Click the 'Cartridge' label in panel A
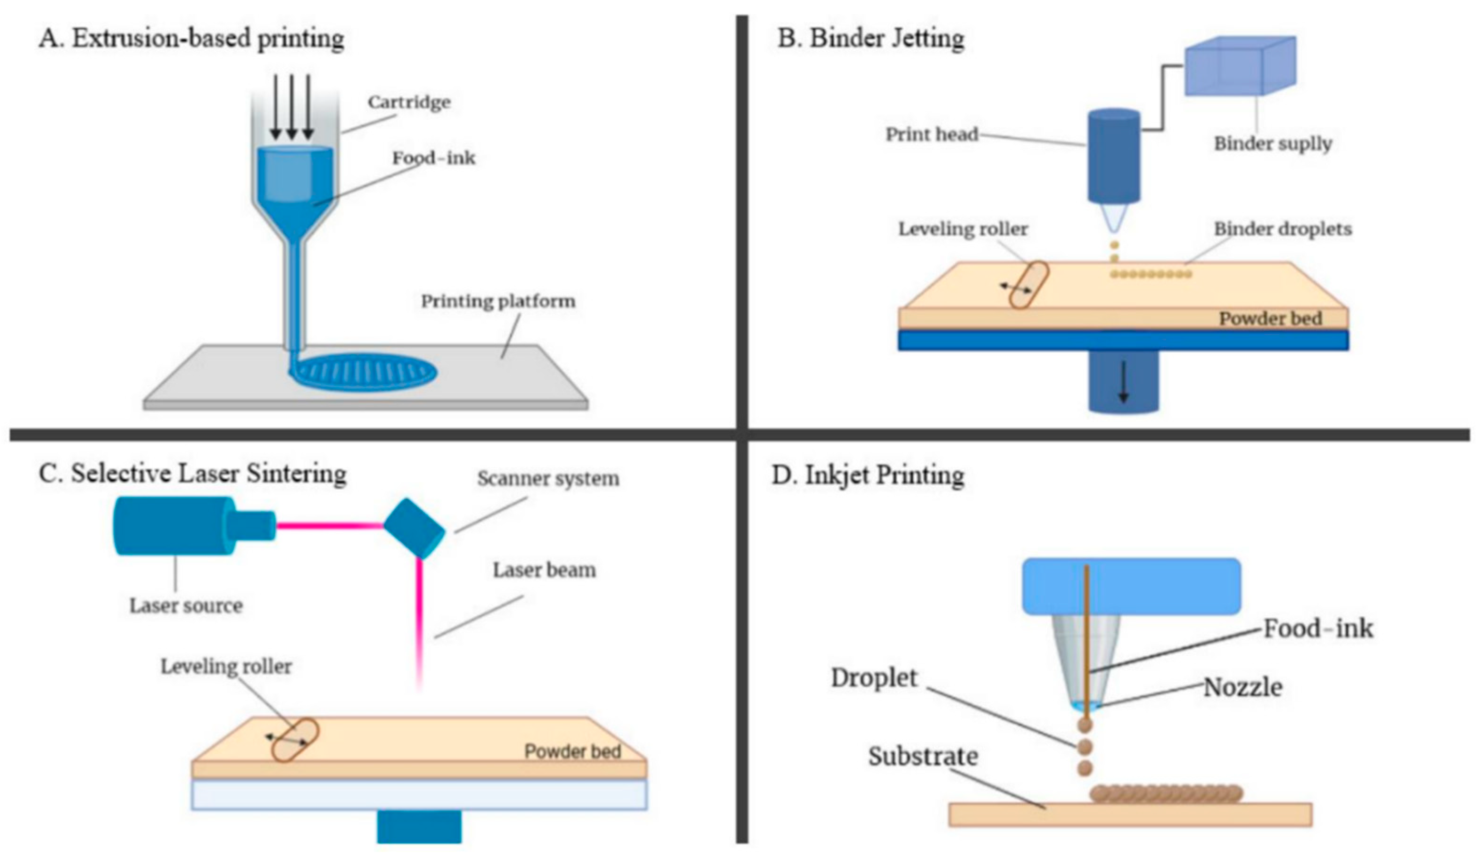pyautogui.click(x=409, y=102)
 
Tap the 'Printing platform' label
pyautogui.click(x=497, y=302)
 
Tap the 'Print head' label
pyautogui.click(x=932, y=135)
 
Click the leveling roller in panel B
pyautogui.click(x=1028, y=285)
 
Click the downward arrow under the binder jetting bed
pyautogui.click(x=1123, y=382)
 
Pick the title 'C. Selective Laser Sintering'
pyautogui.click(x=192, y=474)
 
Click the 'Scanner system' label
pyautogui.click(x=547, y=479)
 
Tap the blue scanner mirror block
pyautogui.click(x=414, y=527)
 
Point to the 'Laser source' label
pyautogui.click(x=186, y=605)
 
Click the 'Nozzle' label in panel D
pyautogui.click(x=1243, y=687)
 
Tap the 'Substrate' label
pyautogui.click(x=923, y=757)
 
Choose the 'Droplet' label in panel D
pyautogui.click(x=874, y=678)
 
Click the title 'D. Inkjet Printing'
pyautogui.click(x=868, y=475)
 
